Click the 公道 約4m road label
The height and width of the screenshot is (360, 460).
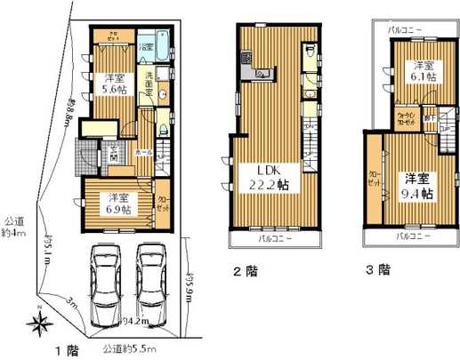tap(13, 227)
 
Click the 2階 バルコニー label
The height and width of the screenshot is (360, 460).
tap(273, 240)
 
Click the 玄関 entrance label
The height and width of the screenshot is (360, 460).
tap(114, 152)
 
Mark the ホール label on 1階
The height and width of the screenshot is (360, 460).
tap(141, 152)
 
